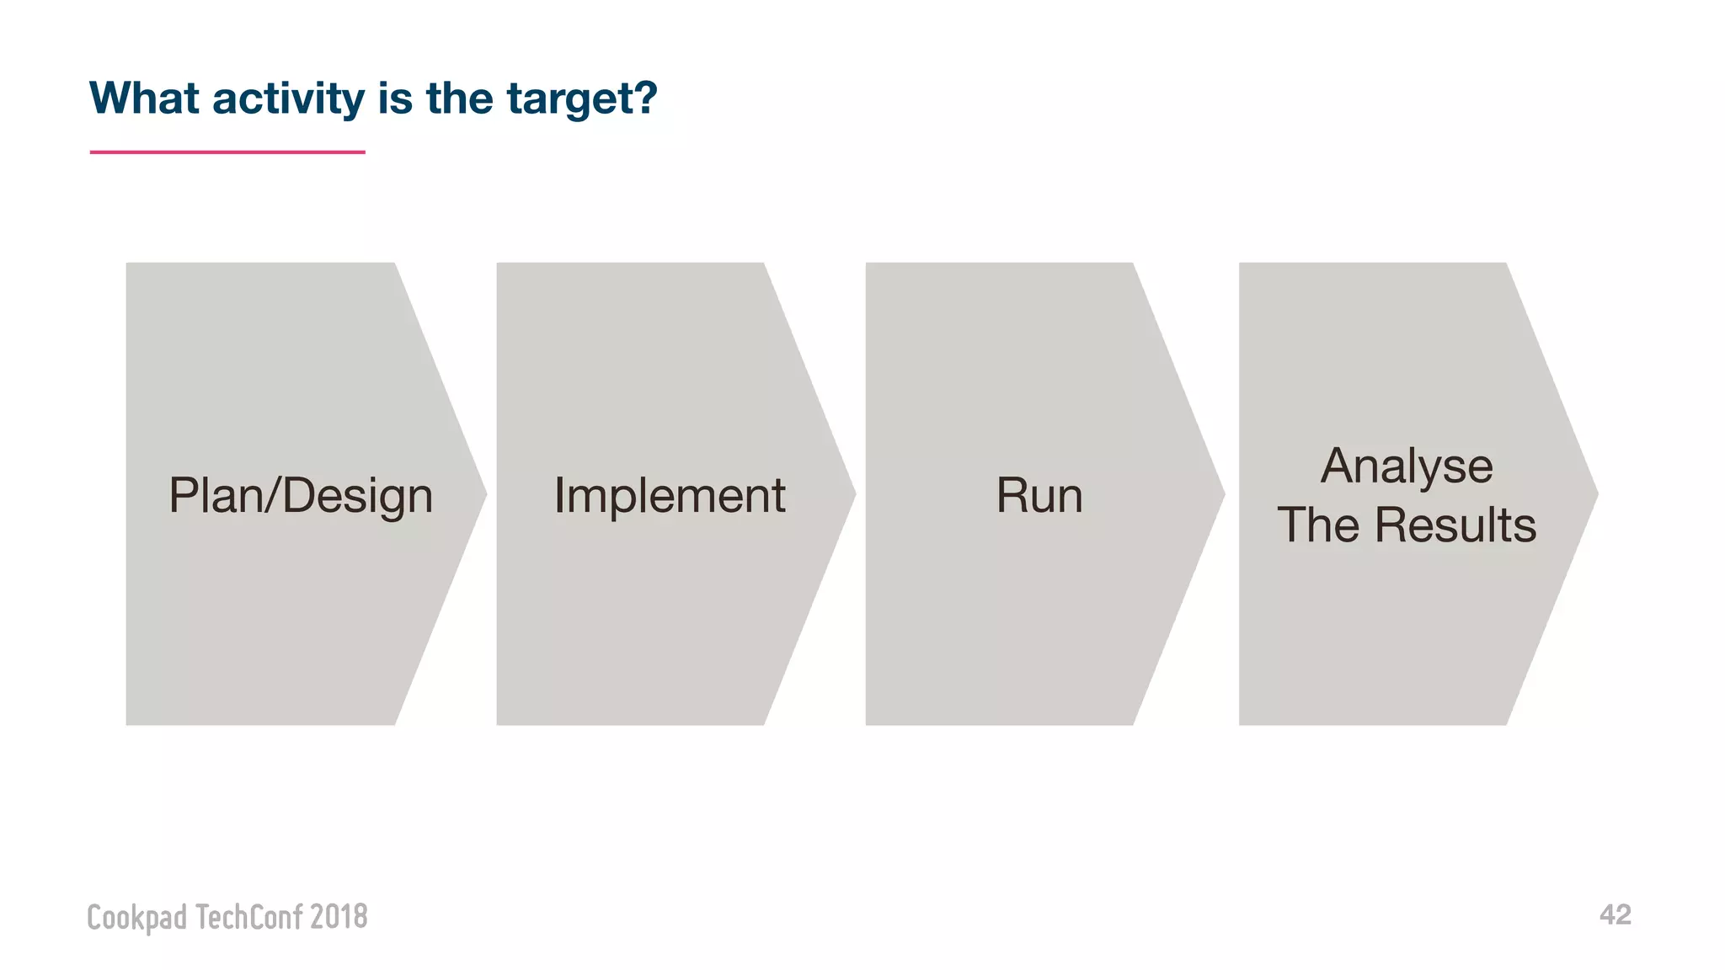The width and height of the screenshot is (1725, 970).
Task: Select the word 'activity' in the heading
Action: pyautogui.click(x=288, y=99)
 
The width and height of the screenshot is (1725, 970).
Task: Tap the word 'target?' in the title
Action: pyautogui.click(x=581, y=100)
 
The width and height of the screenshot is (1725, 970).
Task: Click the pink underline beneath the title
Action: pyautogui.click(x=227, y=152)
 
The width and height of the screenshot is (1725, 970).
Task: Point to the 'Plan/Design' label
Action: pyautogui.click(x=301, y=495)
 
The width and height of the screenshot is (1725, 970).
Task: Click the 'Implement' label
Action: pyautogui.click(x=670, y=495)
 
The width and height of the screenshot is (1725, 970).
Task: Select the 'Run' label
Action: pyautogui.click(x=1039, y=495)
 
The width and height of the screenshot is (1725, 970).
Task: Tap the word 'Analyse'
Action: pyautogui.click(x=1407, y=466)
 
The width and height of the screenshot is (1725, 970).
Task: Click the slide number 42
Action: pyautogui.click(x=1615, y=914)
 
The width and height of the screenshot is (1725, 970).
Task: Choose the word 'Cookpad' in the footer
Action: pyautogui.click(x=137, y=917)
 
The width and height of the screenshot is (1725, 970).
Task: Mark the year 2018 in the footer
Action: pyautogui.click(x=339, y=916)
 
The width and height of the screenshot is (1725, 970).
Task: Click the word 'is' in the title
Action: pyautogui.click(x=395, y=99)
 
